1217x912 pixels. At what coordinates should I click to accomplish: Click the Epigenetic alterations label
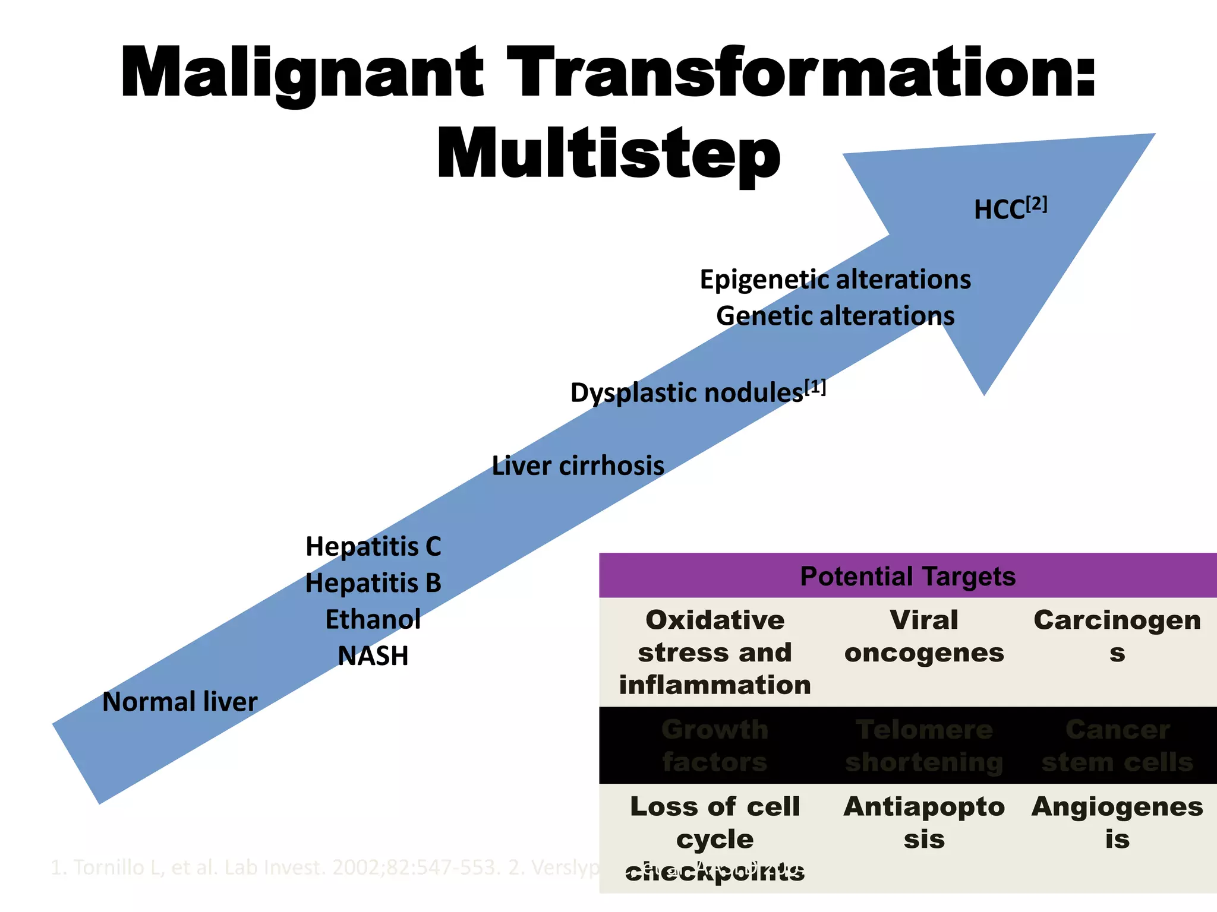point(835,280)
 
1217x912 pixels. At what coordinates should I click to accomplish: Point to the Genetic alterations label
point(835,316)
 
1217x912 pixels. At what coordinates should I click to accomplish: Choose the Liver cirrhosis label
point(578,465)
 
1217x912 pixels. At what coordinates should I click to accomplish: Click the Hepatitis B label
point(373,583)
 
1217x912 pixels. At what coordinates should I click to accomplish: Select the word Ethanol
point(373,620)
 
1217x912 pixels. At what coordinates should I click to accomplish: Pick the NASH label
point(373,656)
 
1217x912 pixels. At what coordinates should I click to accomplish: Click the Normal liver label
point(179,702)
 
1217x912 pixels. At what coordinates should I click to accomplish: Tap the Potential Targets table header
point(907,576)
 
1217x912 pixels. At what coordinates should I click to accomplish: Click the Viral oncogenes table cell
point(924,636)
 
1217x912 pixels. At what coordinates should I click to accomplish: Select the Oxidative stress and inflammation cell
point(715,652)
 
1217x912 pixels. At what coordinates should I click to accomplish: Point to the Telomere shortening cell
point(924,746)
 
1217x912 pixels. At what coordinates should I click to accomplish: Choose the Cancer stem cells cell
point(1117,746)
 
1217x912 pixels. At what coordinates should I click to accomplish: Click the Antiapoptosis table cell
point(924,823)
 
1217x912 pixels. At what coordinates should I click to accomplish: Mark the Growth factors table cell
point(715,746)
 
